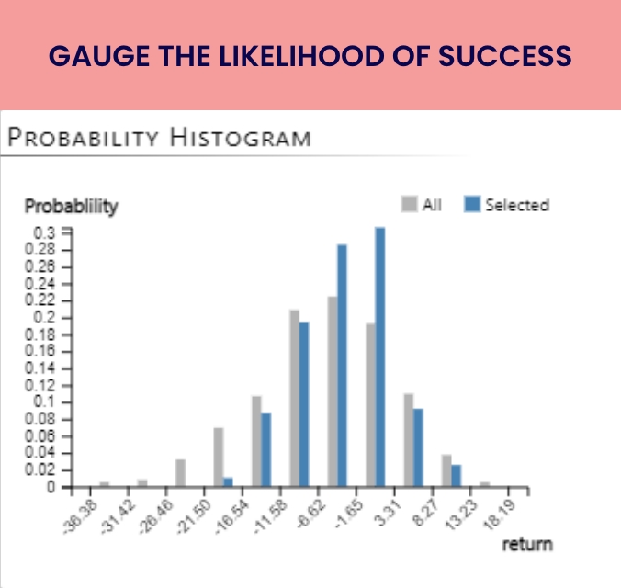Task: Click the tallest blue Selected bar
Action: tap(379, 356)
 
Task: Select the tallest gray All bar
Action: tap(333, 391)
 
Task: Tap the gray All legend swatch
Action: tap(409, 204)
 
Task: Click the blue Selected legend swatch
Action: tap(472, 204)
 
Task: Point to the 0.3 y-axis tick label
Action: tap(44, 233)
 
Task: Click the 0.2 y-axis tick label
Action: tap(44, 317)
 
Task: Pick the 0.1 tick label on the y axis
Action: tap(44, 401)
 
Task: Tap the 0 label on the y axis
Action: tap(51, 487)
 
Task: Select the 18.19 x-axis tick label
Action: tap(499, 514)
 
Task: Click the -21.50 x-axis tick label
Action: tap(194, 516)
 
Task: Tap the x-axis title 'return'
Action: tap(527, 545)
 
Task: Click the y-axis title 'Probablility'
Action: tap(72, 207)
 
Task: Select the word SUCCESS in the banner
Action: tap(505, 56)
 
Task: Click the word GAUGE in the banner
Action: tap(99, 56)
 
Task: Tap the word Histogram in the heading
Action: tap(241, 138)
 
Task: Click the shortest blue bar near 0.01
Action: tap(228, 481)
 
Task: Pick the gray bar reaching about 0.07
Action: tap(219, 457)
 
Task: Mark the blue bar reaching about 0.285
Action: tap(342, 366)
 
